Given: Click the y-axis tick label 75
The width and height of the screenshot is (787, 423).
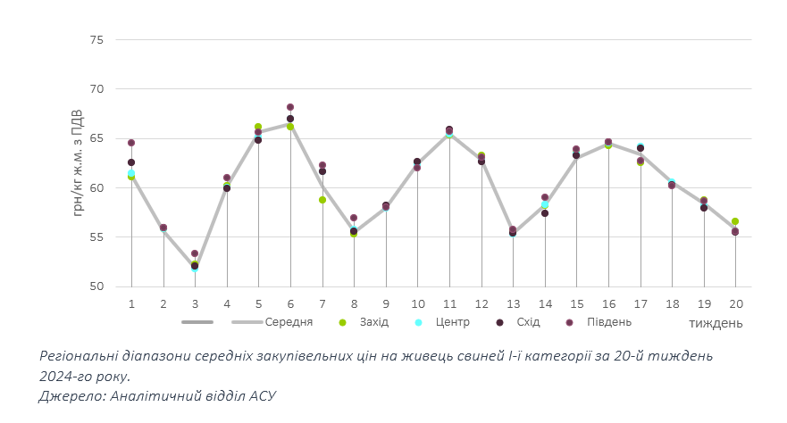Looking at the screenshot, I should click(96, 40).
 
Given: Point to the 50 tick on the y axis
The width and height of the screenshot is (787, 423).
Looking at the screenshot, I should click(96, 286).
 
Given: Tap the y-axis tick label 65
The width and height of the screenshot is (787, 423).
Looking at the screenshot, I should click(96, 138).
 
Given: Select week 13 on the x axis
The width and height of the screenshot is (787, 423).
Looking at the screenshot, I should click(513, 304).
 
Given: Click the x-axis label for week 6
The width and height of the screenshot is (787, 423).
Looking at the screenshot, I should click(290, 304).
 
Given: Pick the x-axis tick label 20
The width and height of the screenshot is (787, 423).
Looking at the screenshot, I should click(734, 304).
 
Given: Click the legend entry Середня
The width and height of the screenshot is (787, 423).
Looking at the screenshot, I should click(288, 322).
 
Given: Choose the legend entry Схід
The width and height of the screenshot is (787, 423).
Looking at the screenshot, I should click(527, 322).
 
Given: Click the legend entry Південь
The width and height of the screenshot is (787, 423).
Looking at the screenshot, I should click(609, 322).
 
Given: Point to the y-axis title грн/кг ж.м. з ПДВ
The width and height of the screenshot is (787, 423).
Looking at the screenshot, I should click(78, 162).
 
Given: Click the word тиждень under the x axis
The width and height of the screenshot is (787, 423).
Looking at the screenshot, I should click(716, 323).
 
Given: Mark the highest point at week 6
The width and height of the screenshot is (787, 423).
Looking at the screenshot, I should click(290, 107).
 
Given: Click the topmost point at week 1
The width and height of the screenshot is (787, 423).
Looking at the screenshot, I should click(131, 143).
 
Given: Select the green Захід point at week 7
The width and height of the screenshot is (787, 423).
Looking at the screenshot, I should click(322, 200).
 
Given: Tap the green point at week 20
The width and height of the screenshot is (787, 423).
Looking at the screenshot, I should click(735, 221).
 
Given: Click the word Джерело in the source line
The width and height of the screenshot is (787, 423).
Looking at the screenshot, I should click(70, 394).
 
